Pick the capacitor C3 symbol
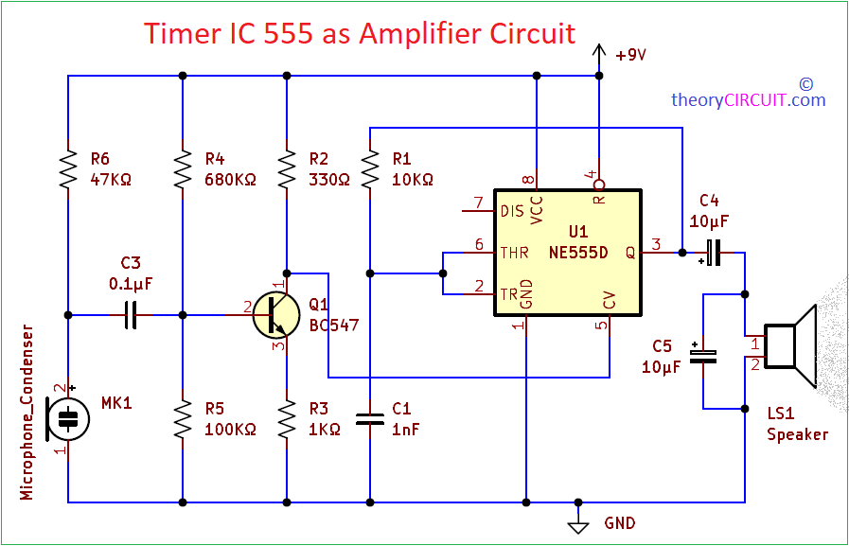(132, 314)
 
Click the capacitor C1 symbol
(370, 419)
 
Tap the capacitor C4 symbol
(712, 253)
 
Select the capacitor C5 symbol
(702, 356)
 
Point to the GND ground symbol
(576, 524)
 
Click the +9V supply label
(630, 55)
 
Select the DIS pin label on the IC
(511, 210)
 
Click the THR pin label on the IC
(513, 253)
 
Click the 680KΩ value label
(230, 179)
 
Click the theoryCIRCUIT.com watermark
(748, 99)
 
